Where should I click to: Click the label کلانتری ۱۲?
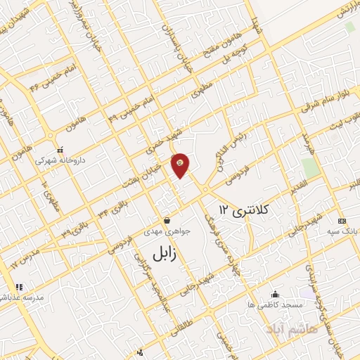(x=244, y=210)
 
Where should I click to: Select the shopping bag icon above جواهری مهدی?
(x=167, y=220)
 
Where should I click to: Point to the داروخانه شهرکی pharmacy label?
(x=61, y=160)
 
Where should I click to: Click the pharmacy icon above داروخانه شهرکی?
(x=61, y=150)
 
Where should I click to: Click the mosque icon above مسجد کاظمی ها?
(x=275, y=294)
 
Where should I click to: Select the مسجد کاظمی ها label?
(x=275, y=305)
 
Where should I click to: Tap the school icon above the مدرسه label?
(x=19, y=287)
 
